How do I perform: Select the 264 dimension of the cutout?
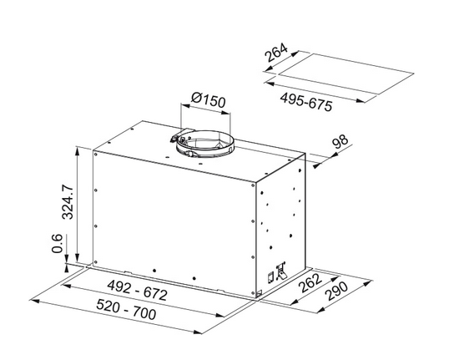(x=276, y=56)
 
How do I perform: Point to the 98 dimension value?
(x=339, y=143)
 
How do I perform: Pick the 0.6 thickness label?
(x=57, y=246)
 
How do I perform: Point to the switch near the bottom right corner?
(x=280, y=270)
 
